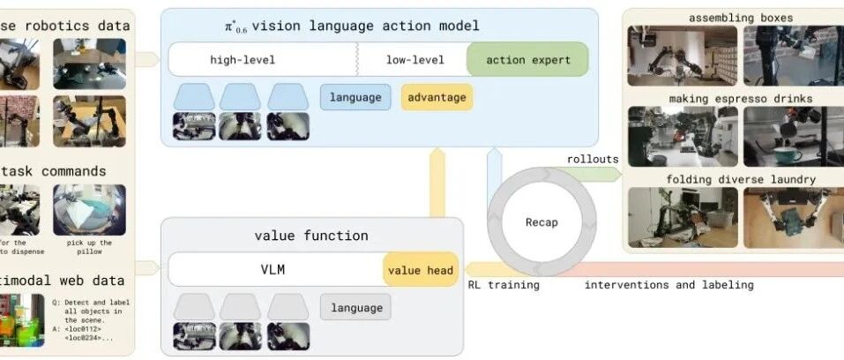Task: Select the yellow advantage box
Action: tap(437, 97)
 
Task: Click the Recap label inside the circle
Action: tap(541, 222)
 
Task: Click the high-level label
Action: tap(243, 60)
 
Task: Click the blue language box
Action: tap(355, 97)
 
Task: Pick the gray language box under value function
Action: tap(356, 307)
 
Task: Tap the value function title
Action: tap(310, 236)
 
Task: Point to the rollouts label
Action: tap(590, 159)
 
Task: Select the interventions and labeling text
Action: tap(668, 285)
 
